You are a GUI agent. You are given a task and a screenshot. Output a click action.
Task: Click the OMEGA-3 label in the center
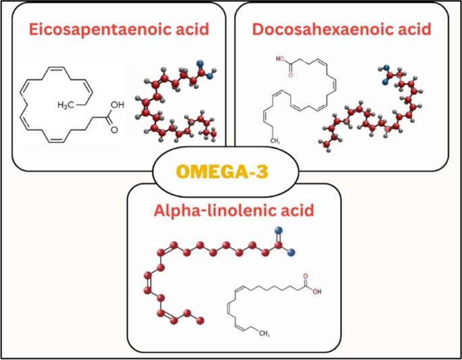[223, 172]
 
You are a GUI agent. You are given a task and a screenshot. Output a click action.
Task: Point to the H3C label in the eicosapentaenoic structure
[65, 105]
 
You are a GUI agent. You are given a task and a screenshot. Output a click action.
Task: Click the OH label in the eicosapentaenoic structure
[117, 105]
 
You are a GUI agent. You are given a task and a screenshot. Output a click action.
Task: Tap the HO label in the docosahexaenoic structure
[280, 59]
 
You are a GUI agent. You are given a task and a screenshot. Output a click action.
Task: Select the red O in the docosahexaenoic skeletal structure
[291, 75]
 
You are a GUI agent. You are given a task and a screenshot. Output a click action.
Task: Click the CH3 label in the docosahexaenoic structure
[275, 141]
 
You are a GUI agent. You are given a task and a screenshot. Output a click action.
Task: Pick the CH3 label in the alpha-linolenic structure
[264, 334]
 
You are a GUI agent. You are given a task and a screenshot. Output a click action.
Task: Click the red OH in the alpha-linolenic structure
[317, 292]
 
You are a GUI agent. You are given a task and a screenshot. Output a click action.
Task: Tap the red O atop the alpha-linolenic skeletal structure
[306, 276]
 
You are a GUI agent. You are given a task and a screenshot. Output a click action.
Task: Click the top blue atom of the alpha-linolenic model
[279, 230]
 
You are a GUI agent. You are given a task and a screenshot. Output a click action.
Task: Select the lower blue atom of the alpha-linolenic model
[291, 252]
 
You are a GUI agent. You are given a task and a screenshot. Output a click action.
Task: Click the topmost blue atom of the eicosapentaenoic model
[200, 63]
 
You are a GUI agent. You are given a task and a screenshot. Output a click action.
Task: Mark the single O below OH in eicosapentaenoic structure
[115, 129]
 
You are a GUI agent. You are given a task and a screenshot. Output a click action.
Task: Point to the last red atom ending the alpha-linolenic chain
[200, 320]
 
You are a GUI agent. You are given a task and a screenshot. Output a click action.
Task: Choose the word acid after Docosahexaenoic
[415, 30]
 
